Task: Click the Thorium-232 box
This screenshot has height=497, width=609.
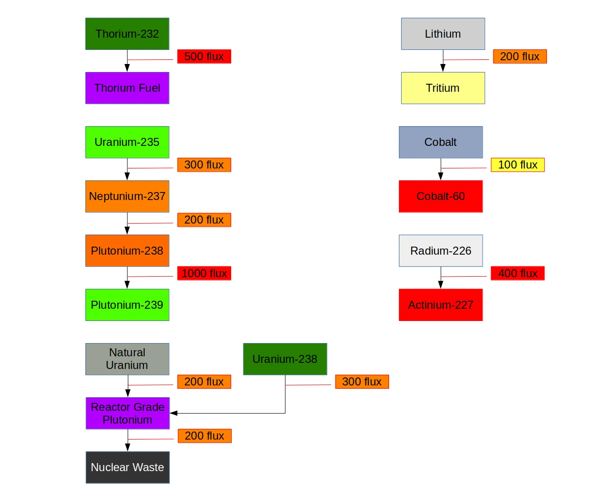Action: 127,34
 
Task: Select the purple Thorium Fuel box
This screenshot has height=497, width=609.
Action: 127,88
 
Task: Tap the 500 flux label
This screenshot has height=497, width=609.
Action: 204,56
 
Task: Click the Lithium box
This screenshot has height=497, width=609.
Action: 443,34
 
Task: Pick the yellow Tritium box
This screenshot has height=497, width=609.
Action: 443,88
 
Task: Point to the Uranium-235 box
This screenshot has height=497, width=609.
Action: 127,142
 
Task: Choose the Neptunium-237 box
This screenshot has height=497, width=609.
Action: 127,196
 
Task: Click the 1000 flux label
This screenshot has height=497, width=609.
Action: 204,273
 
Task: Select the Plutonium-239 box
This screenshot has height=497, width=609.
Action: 127,305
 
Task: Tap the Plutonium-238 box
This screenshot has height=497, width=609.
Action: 127,251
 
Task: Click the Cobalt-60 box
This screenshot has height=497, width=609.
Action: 440,196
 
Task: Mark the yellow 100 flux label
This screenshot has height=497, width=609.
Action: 517,165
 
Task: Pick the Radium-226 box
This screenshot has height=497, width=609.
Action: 440,251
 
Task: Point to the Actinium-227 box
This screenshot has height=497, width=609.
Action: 440,305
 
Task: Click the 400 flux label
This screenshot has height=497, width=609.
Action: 517,273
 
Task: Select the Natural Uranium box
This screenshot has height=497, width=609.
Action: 127,359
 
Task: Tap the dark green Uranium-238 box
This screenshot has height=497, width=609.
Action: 285,359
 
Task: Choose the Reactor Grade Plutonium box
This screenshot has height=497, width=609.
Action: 127,413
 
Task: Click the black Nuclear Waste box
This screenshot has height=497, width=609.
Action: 127,467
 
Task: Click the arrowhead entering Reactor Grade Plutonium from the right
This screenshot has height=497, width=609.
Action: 173,413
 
